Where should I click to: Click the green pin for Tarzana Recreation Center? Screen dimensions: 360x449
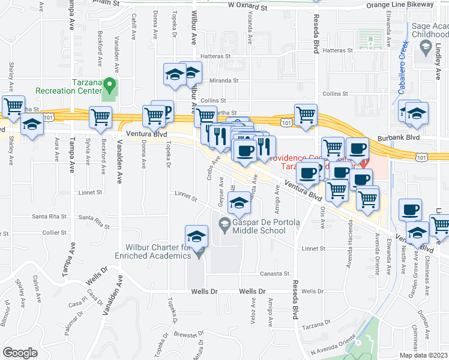[x=109, y=83]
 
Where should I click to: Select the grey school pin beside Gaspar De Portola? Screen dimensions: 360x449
[x=224, y=225]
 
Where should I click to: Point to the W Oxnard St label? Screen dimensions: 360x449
[x=247, y=6]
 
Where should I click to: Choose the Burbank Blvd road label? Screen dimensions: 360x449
[x=396, y=138]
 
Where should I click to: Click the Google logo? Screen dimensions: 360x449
[x=20, y=352]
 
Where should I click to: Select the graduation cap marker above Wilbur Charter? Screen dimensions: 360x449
[x=196, y=236]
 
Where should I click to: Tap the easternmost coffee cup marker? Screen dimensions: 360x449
[x=411, y=209]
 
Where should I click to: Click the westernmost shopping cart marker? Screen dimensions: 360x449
[x=13, y=107]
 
